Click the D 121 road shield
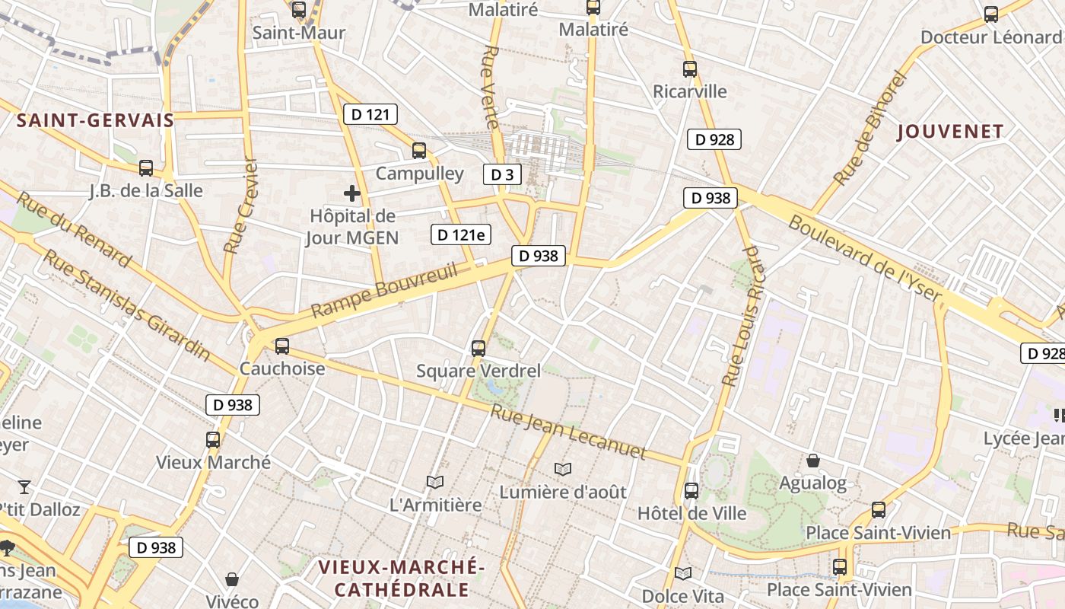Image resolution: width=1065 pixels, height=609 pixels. [370, 115]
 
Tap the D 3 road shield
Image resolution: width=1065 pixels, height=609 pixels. [502, 174]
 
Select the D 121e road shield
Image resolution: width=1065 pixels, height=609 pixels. [460, 234]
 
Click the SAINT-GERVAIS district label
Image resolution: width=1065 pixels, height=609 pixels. [96, 120]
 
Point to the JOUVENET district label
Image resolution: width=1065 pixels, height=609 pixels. [951, 132]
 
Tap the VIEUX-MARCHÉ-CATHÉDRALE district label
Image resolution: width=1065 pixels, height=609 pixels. [402, 579]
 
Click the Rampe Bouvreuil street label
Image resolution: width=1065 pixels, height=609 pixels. [385, 291]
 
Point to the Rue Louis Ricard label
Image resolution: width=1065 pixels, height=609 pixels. [740, 316]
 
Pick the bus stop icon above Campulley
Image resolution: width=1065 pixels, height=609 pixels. [419, 150]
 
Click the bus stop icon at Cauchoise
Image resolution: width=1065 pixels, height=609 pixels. [282, 346]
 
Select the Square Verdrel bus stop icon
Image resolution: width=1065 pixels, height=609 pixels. [478, 349]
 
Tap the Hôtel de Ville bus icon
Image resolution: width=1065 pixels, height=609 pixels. [691, 491]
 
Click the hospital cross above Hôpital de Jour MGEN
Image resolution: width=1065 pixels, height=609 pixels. [352, 193]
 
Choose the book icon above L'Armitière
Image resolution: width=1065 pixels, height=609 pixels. [435, 482]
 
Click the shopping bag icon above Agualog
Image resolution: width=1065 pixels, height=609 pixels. [813, 461]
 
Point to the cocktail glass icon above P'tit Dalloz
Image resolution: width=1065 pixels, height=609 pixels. [24, 486]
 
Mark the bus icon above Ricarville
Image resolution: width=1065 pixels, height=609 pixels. [690, 69]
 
